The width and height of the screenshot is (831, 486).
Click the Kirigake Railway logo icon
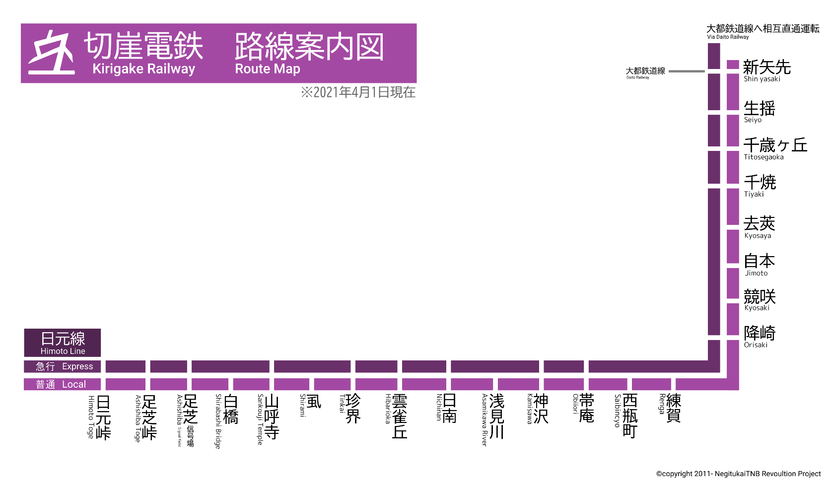pyautogui.click(x=52, y=53)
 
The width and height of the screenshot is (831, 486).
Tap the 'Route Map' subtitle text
pyautogui.click(x=267, y=69)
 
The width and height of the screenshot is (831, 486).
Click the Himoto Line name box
pyautogui.click(x=63, y=343)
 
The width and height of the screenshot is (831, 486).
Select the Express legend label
pyautogui.click(x=63, y=366)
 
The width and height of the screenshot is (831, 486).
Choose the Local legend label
pyautogui.click(x=63, y=384)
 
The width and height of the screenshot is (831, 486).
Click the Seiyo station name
pyautogui.click(x=759, y=111)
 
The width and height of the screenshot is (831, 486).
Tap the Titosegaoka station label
pyautogui.click(x=774, y=148)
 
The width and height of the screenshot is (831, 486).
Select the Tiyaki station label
pyautogui.click(x=759, y=186)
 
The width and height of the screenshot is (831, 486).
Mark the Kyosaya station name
pyautogui.click(x=759, y=227)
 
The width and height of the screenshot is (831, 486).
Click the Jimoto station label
pyautogui.click(x=759, y=264)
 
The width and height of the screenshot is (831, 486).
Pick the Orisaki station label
pyautogui.click(x=759, y=336)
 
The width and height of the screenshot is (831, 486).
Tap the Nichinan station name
pyautogui.click(x=446, y=408)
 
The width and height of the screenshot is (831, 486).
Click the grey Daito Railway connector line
pyautogui.click(x=686, y=71)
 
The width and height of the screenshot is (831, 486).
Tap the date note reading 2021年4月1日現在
pyautogui.click(x=358, y=92)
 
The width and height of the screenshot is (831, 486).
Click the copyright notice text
pyautogui.click(x=738, y=474)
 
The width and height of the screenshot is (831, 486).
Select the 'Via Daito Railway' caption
pyautogui.click(x=728, y=37)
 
